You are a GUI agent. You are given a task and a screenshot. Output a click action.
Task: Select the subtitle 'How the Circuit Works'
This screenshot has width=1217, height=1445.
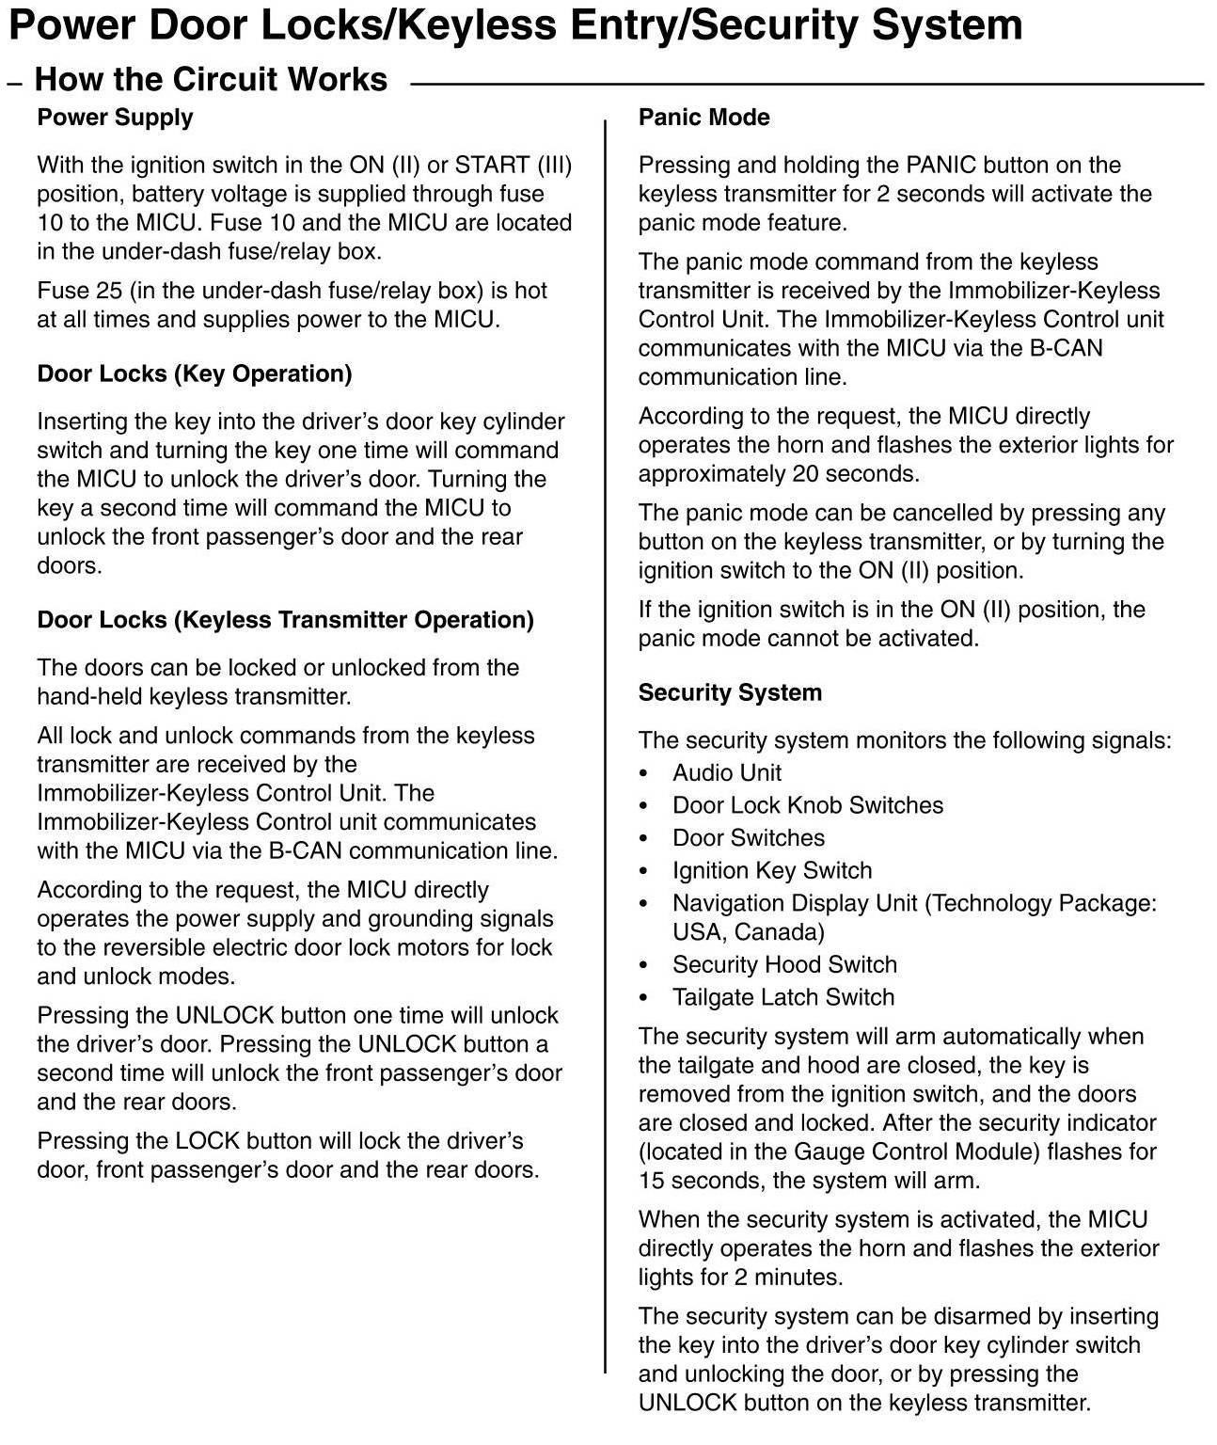pos(211,79)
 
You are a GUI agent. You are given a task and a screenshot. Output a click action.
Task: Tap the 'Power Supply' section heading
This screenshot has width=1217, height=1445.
pos(115,118)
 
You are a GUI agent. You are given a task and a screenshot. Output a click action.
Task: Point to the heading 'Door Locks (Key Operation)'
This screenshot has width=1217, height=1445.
pos(194,373)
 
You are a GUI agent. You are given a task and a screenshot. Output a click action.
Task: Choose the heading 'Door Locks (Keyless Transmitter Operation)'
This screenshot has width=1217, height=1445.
pos(285,620)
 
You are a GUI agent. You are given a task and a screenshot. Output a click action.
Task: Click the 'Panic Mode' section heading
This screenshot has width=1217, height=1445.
pos(703,118)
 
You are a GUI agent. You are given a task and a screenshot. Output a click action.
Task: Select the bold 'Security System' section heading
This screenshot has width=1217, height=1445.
pos(730,692)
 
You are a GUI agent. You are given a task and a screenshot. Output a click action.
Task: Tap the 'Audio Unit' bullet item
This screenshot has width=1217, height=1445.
pos(726,773)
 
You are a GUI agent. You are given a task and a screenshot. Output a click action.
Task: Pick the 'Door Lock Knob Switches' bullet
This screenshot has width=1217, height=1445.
pos(807,805)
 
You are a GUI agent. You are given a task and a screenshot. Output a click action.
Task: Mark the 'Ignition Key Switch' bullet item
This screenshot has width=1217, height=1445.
pos(771,870)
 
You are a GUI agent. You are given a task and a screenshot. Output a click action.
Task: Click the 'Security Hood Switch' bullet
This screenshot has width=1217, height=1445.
pos(784,964)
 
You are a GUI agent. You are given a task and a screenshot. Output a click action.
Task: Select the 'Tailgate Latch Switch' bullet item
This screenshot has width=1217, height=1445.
pos(782,997)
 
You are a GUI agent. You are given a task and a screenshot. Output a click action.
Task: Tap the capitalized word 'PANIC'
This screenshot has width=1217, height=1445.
pos(940,166)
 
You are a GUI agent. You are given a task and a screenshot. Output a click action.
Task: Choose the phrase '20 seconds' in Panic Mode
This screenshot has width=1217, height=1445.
pos(849,474)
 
